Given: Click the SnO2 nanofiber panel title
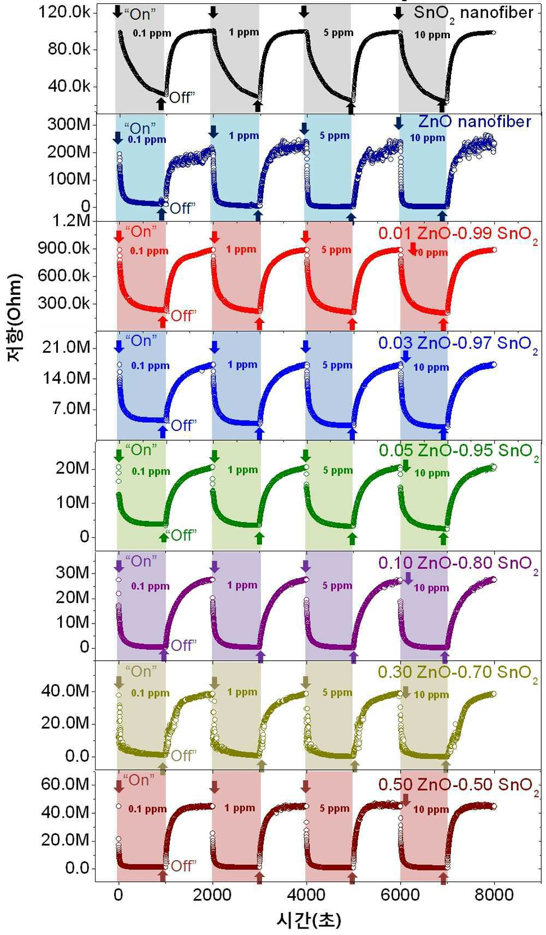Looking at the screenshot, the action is (473, 13).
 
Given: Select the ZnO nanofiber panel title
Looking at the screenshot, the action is (474, 121).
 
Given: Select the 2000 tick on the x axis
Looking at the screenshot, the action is (212, 895).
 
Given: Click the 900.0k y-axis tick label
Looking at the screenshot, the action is (64, 248).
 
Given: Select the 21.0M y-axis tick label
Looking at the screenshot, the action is (66, 347).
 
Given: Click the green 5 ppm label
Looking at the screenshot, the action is (337, 470).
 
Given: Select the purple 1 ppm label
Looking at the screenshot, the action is (242, 585).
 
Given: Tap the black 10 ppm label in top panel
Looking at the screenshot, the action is (432, 35).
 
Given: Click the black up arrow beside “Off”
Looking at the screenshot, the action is (161, 104).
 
